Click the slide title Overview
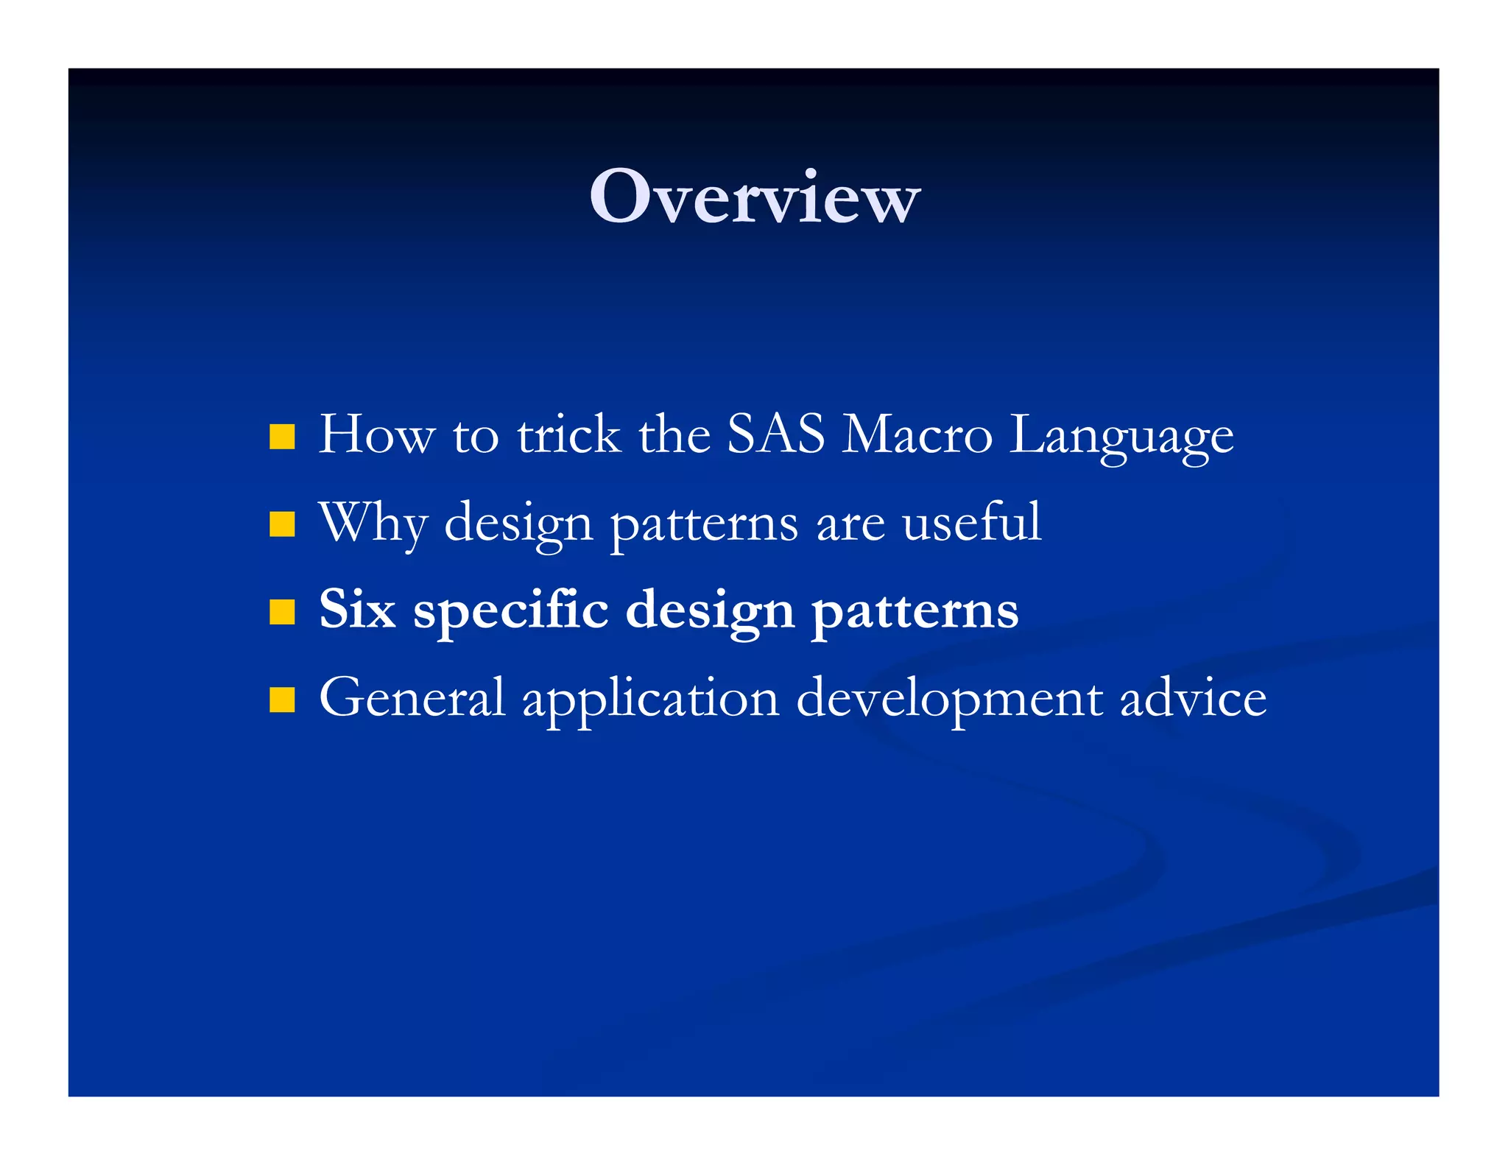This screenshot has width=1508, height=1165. [x=754, y=197]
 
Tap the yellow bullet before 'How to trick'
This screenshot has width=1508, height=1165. [x=282, y=436]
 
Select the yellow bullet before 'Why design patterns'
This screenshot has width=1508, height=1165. [x=282, y=524]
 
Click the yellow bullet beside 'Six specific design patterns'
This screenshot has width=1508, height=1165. [x=282, y=611]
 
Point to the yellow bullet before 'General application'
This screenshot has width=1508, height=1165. [x=282, y=700]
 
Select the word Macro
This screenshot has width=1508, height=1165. [x=917, y=434]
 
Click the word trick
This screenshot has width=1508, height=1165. [x=568, y=434]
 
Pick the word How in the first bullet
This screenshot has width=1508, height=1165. [x=376, y=434]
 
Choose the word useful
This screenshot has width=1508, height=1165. [x=971, y=521]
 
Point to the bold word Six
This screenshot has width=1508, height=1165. [x=357, y=610]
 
